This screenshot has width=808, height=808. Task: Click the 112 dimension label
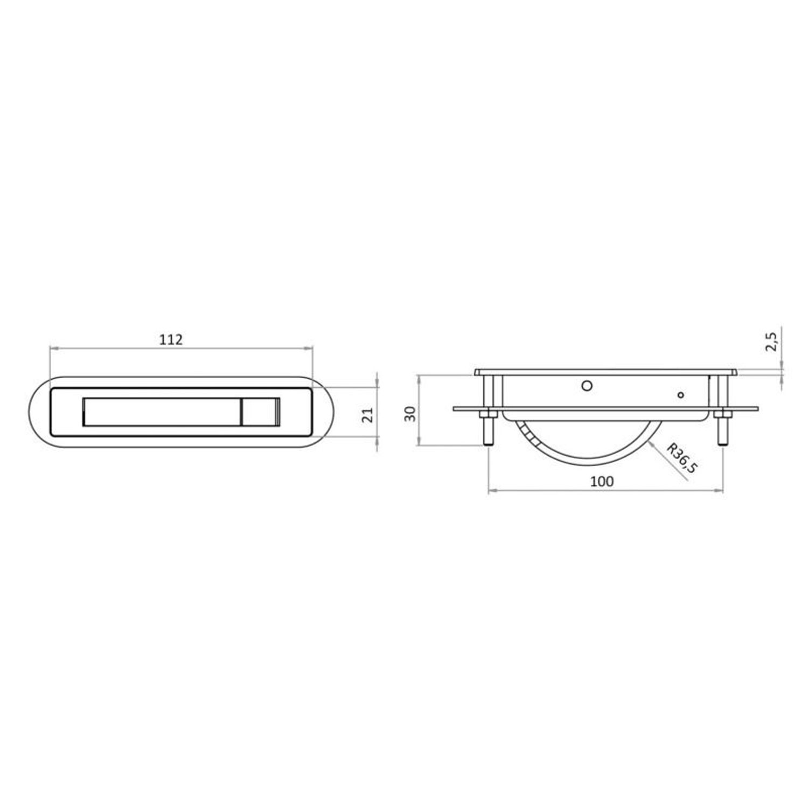point(171,339)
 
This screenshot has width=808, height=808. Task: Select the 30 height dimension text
point(410,414)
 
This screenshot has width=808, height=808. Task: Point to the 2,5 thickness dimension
point(771,342)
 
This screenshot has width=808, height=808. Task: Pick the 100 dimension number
point(602,481)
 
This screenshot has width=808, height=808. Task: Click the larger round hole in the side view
point(588,386)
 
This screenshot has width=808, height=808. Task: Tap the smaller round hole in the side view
point(681,395)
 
